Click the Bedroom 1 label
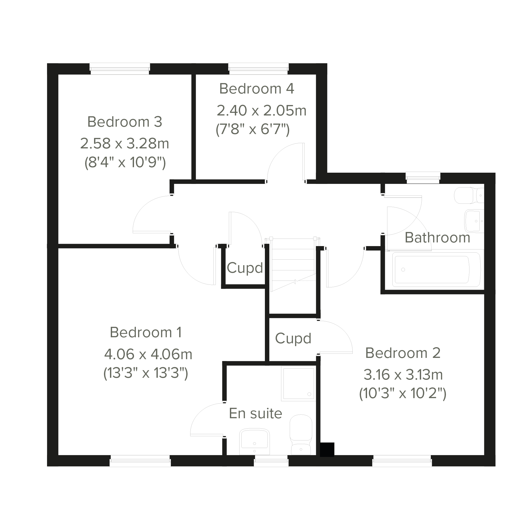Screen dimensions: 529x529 (x=146, y=332)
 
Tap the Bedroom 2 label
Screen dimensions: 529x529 (x=403, y=353)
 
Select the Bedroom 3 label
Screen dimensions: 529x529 (x=125, y=122)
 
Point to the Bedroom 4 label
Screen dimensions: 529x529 (x=257, y=89)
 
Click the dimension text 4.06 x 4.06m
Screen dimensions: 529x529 (x=148, y=354)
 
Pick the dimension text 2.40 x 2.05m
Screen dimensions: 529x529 (x=261, y=111)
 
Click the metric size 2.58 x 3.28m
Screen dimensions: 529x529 (x=125, y=143)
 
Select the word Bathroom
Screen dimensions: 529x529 (x=438, y=237)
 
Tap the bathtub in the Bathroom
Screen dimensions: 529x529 (x=436, y=270)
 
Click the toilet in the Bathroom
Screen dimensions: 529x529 (x=469, y=195)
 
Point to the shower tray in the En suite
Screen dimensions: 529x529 (x=298, y=383)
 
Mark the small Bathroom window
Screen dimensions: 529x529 (x=423, y=177)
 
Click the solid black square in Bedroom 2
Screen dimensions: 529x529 (x=327, y=450)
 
